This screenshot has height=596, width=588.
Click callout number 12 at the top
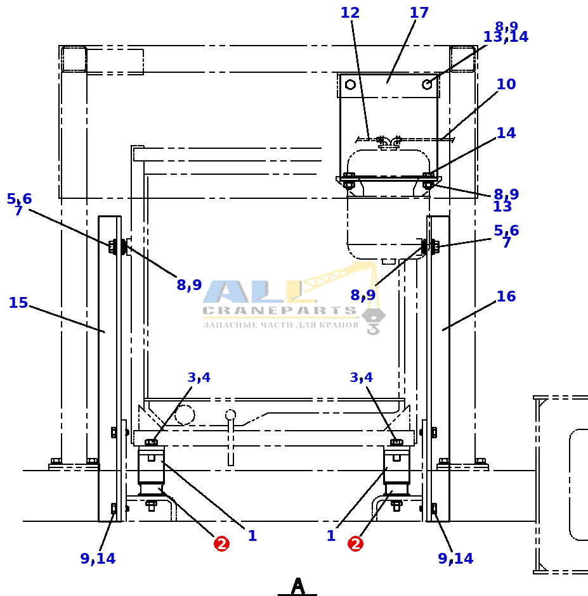point(350,13)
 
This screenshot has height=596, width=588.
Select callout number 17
point(419,13)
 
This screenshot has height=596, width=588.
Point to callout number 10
point(506,84)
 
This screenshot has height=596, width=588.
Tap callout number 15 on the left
point(18,303)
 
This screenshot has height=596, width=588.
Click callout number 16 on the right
point(506,296)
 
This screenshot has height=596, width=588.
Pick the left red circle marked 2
point(221,543)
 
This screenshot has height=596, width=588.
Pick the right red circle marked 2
point(355,543)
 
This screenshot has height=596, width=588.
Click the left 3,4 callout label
point(199,377)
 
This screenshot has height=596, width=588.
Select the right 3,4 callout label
point(361,377)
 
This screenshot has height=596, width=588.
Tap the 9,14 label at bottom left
point(98,559)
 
